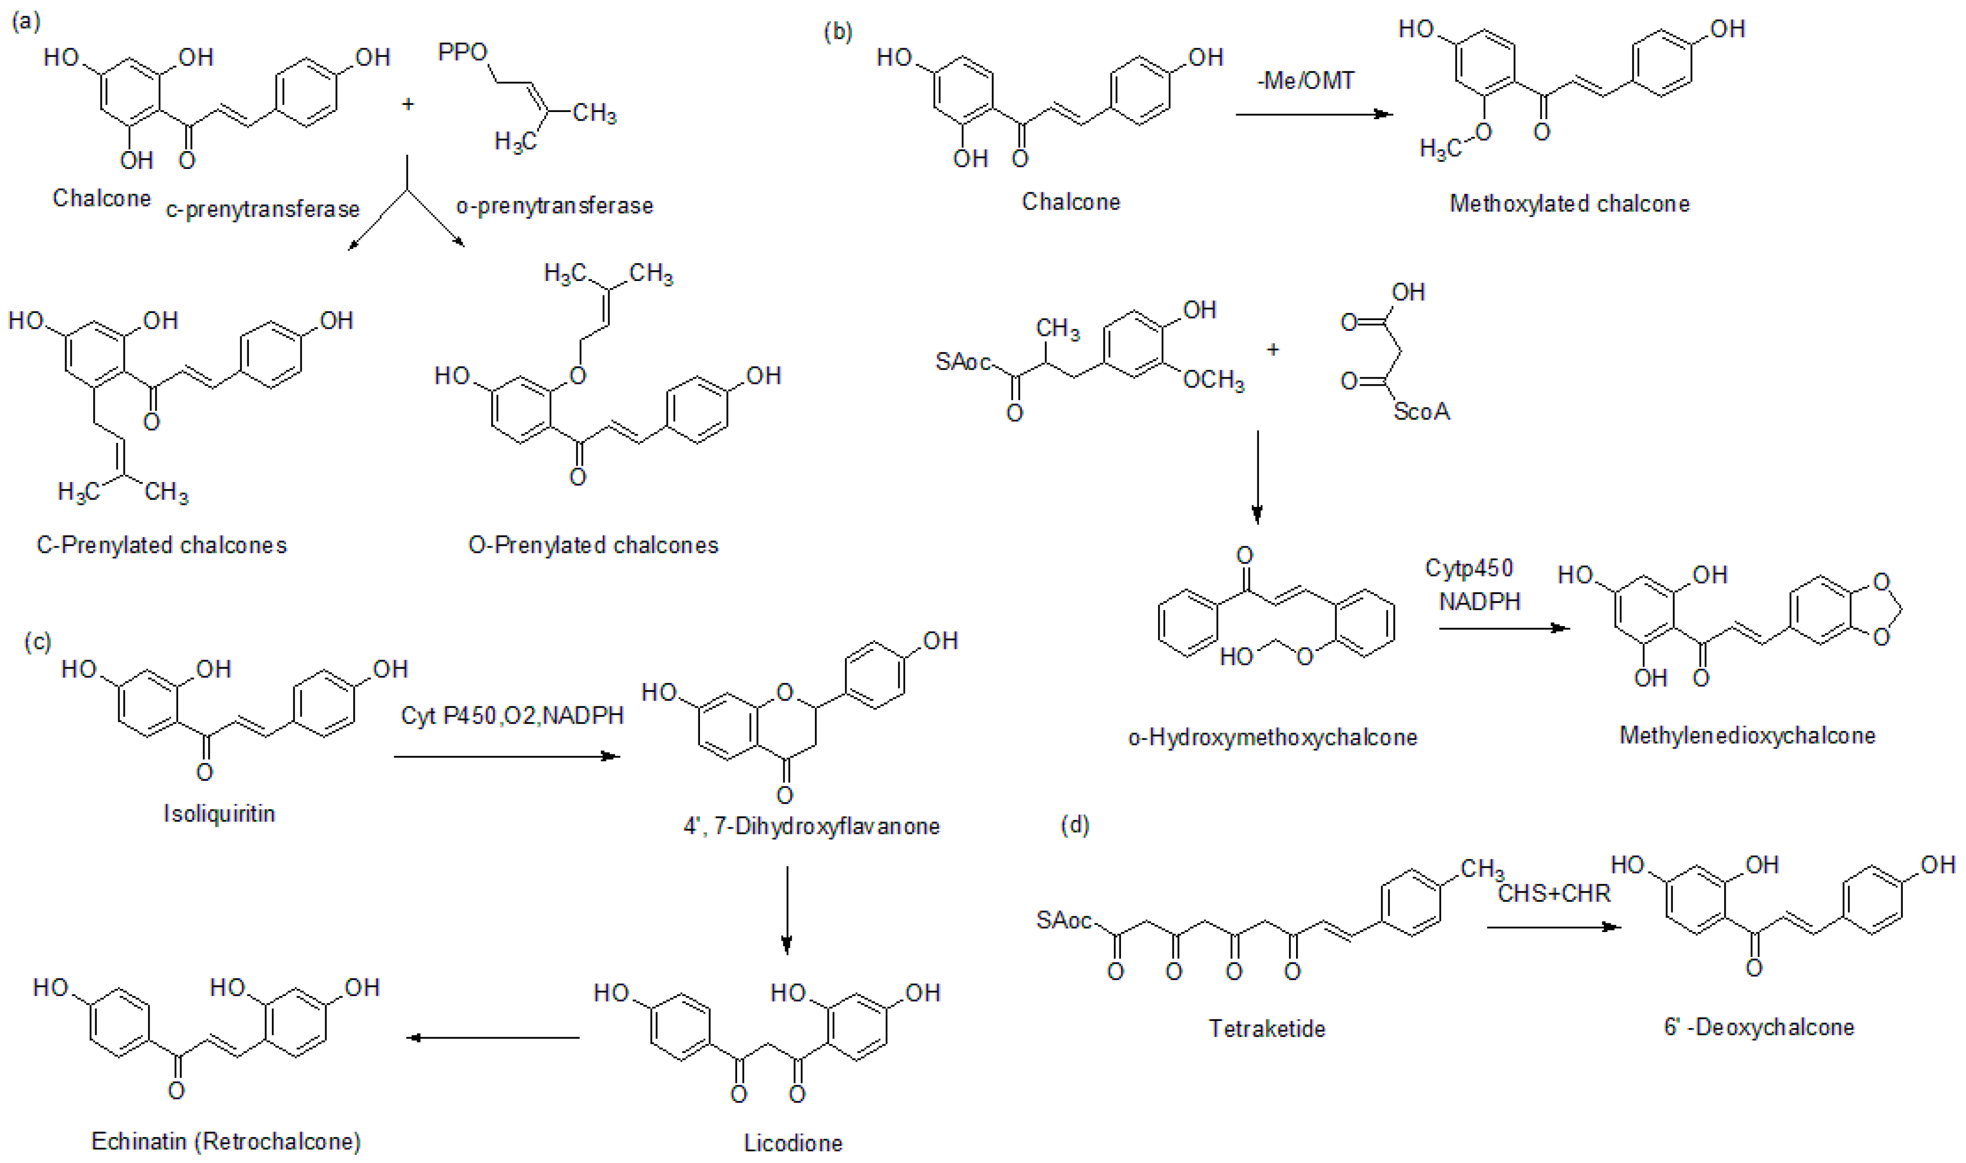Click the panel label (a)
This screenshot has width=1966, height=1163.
(x=26, y=21)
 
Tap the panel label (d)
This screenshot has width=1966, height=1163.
(x=1074, y=825)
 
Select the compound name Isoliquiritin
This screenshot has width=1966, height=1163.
(x=219, y=813)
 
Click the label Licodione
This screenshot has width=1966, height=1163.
(x=793, y=1144)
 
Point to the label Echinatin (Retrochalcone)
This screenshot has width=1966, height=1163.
(x=226, y=1141)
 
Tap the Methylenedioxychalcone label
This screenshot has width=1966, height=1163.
(x=1748, y=735)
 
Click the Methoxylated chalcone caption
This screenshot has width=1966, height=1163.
(x=1569, y=204)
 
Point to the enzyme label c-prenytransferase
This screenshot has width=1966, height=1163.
(x=263, y=209)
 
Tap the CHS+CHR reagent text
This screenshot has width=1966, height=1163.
(x=1554, y=893)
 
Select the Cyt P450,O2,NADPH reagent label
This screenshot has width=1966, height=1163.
(x=513, y=716)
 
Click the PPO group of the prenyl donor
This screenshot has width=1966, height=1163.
(x=462, y=52)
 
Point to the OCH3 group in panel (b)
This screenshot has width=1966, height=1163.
(x=1213, y=381)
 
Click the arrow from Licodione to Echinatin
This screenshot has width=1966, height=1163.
(x=494, y=1038)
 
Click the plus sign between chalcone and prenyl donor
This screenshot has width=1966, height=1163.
(x=407, y=103)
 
